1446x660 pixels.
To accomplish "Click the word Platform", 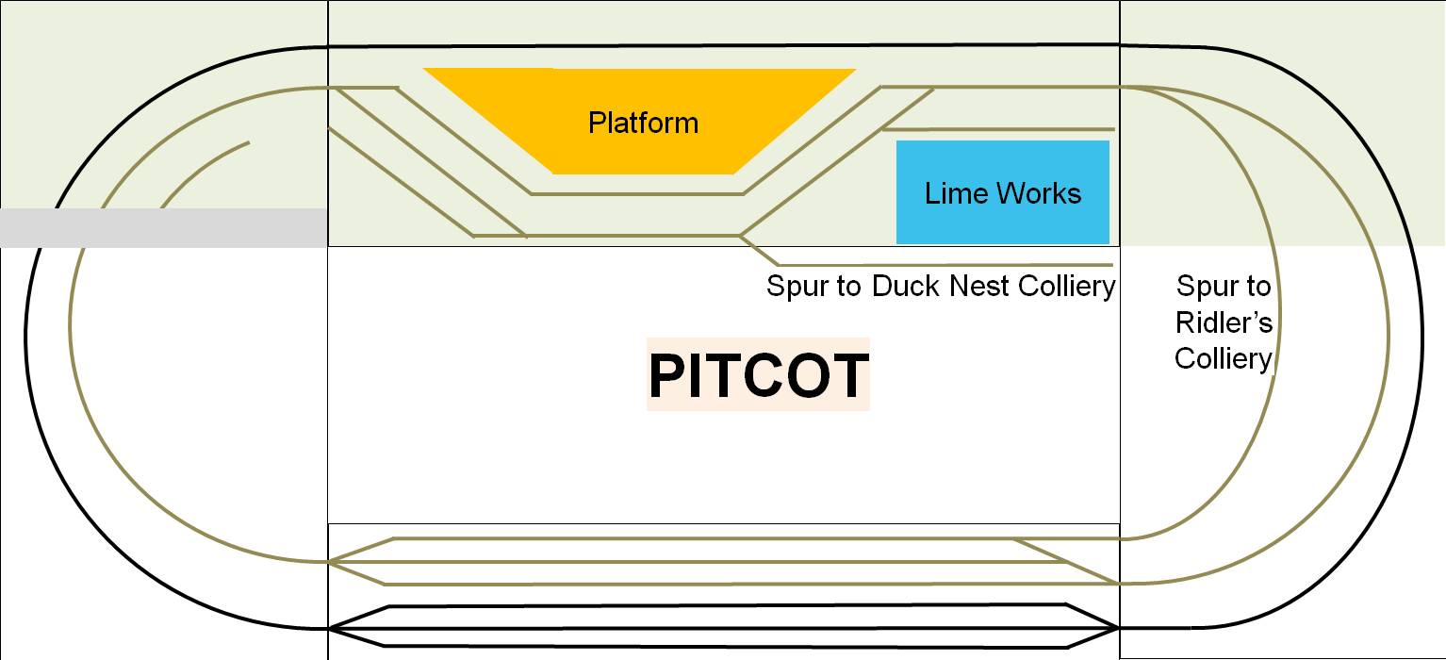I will [643, 123].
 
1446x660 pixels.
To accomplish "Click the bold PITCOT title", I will [758, 375].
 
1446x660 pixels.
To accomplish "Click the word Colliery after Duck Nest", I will [1067, 286].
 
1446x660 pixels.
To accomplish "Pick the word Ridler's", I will [1224, 322].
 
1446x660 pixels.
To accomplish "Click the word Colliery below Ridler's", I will [1224, 358].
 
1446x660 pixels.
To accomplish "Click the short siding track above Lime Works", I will [999, 129].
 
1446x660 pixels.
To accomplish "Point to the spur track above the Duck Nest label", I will [943, 265].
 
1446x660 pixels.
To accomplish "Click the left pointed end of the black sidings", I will [332, 628].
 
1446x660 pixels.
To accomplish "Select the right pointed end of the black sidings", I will [1116, 628].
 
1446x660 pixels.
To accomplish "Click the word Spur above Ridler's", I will [1224, 286].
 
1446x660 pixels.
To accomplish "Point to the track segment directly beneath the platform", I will [637, 194].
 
